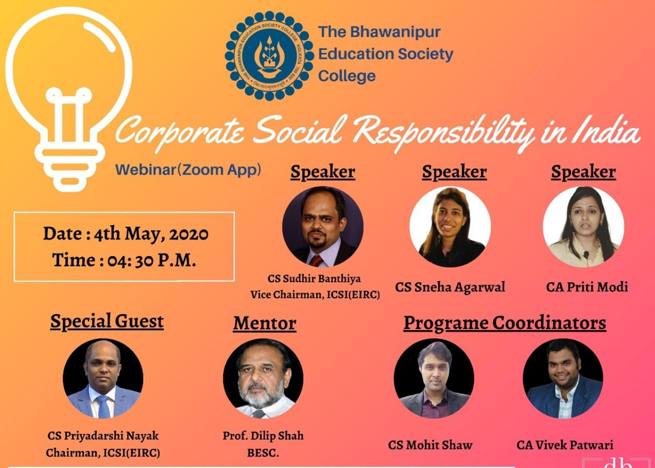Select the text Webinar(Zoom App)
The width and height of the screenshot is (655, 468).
[188, 169]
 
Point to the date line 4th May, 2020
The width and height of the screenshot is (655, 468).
[126, 234]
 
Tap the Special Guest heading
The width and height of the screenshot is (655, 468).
[107, 321]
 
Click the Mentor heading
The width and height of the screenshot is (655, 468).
[265, 323]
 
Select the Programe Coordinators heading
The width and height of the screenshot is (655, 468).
[505, 323]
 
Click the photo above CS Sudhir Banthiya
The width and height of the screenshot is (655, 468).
[323, 227]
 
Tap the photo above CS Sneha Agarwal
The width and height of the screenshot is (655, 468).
[450, 227]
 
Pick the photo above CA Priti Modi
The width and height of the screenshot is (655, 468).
[583, 227]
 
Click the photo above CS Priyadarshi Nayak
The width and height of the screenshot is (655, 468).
[103, 378]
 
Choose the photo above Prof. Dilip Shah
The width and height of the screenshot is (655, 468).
[263, 378]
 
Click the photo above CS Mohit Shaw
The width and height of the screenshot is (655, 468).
[434, 378]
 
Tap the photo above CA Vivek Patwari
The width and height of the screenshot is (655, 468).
[563, 378]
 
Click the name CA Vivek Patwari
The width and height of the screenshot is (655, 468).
[565, 445]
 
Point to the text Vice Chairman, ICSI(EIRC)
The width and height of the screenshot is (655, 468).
[315, 295]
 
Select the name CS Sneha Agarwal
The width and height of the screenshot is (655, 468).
[450, 287]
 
